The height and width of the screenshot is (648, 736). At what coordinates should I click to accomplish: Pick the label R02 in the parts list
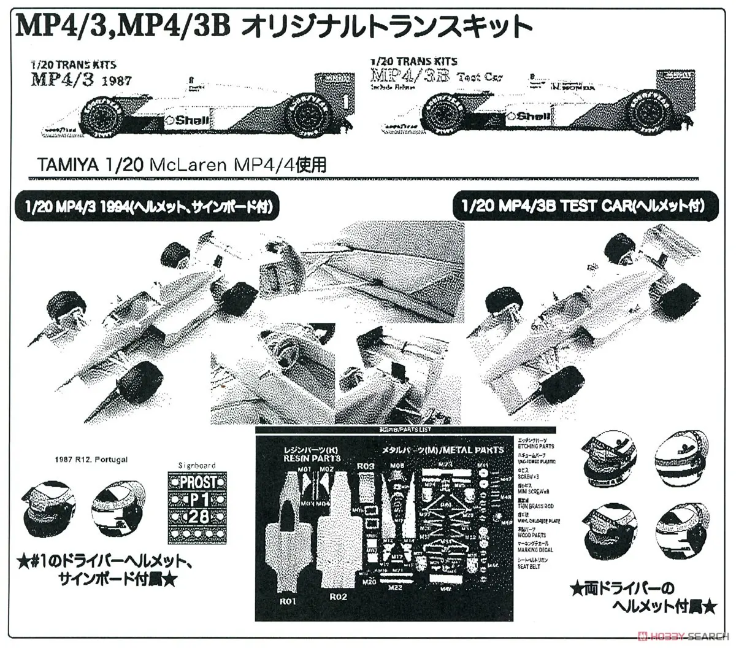[x=339, y=596]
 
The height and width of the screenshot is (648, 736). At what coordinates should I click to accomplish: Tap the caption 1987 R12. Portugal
[x=91, y=460]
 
